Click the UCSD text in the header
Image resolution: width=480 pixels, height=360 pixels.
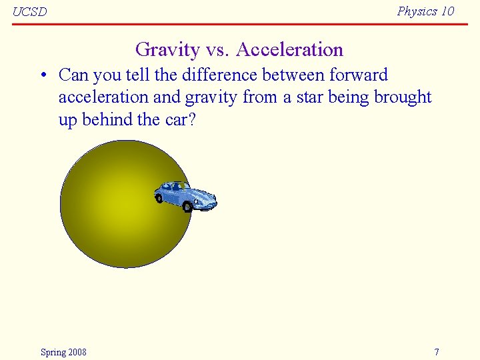[30, 12]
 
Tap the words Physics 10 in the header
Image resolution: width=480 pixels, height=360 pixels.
[425, 11]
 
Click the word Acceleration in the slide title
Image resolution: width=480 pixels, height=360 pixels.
[289, 50]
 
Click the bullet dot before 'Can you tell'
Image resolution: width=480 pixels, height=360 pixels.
[42, 75]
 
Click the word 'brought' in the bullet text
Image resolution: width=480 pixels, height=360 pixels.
[403, 97]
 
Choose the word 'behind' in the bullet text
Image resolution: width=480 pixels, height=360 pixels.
[107, 120]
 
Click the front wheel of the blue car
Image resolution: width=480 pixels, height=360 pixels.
[188, 207]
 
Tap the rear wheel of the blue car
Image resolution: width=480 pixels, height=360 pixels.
[159, 197]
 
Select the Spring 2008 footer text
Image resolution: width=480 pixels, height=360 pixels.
[63, 352]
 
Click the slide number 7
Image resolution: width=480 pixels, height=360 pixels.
[437, 352]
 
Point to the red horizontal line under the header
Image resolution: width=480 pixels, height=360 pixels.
[240, 24]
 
